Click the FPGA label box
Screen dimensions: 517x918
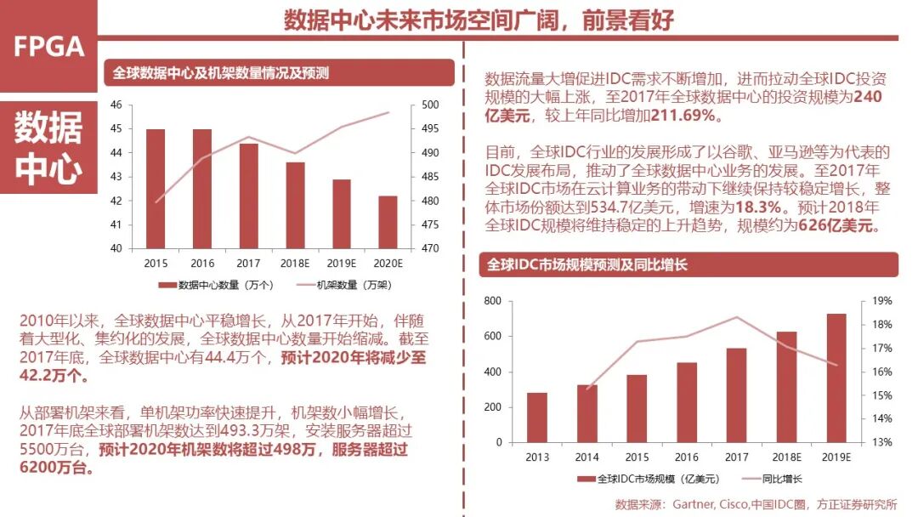point(48,46)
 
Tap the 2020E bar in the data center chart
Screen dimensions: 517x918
point(387,222)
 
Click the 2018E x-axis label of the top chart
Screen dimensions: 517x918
point(295,264)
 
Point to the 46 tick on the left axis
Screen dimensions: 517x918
point(116,105)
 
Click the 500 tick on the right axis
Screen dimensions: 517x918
point(429,105)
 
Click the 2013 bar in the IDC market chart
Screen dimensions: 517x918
point(536,418)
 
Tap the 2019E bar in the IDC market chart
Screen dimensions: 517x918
point(836,378)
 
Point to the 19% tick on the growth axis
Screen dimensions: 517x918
point(881,301)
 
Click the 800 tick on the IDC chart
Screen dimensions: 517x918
point(493,301)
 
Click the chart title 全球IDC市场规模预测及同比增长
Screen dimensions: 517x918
point(586,265)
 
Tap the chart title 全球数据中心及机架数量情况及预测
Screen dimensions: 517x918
point(221,74)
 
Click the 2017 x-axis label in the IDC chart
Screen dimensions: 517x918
point(736,457)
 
